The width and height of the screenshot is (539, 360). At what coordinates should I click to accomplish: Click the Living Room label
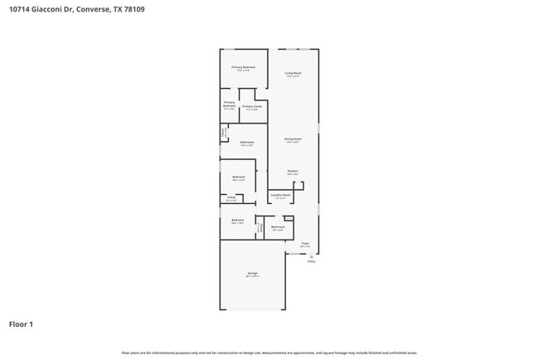pos(293,73)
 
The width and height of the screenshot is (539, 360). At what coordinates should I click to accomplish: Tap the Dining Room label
pos(293,139)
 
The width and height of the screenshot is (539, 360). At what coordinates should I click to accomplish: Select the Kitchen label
pos(293,171)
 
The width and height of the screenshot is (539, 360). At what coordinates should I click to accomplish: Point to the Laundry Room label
pos(280,195)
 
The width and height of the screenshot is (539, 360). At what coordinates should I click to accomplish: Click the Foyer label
pos(305,243)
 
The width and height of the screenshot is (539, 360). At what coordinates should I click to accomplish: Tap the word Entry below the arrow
pos(312,261)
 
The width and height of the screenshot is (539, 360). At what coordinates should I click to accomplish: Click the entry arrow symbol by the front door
pos(312,256)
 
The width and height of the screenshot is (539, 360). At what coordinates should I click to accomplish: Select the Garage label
pos(252,273)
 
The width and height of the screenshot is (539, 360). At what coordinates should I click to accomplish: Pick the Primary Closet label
pos(252,107)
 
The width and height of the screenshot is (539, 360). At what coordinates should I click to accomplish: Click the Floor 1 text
pos(21,324)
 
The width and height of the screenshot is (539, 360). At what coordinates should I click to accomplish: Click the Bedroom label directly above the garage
pos(238,220)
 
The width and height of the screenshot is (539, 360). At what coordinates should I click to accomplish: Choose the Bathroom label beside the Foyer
pos(278,226)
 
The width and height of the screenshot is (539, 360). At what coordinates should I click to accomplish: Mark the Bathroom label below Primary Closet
pos(247,142)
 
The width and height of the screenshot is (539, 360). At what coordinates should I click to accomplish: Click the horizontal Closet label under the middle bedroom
pos(231,197)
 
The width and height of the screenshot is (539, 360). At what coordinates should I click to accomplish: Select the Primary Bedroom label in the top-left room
pos(243,66)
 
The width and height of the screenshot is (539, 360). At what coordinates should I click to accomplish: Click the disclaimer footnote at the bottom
pos(269,352)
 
